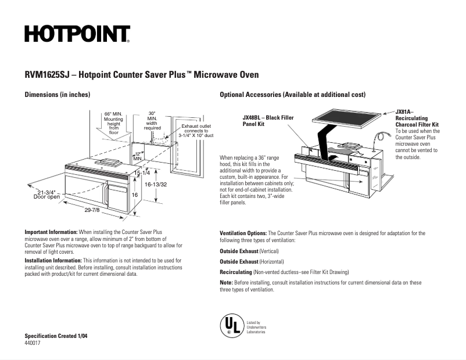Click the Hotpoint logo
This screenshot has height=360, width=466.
77,34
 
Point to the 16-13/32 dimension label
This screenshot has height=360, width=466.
156,184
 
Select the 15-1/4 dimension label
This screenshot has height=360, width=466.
142,173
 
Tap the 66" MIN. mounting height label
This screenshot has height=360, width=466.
113,123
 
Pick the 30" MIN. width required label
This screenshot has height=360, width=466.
152,120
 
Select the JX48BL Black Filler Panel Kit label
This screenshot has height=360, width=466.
267,121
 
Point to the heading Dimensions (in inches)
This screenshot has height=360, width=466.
57,94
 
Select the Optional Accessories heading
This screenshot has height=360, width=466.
292,94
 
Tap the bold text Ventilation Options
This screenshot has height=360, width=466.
243,233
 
